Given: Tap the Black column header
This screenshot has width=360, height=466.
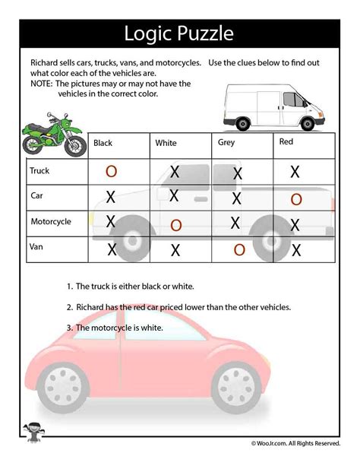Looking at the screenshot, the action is [x=103, y=142].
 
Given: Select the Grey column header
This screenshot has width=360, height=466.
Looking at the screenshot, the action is [x=226, y=141].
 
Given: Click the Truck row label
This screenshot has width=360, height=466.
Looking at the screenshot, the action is [x=39, y=171].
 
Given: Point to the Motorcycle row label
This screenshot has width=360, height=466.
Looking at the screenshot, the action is [x=51, y=222].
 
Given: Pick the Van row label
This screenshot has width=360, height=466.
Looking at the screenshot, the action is [x=36, y=247].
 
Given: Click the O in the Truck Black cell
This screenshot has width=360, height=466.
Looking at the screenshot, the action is [x=111, y=172].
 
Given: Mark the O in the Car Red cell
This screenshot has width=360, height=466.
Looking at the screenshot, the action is [x=296, y=198].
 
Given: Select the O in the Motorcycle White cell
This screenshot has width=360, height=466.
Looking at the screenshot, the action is [x=176, y=225].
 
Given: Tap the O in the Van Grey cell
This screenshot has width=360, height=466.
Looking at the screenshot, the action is [x=239, y=249].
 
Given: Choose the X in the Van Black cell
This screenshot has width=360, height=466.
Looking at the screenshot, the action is [x=112, y=249].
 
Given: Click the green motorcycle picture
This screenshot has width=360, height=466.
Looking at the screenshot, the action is [x=52, y=135].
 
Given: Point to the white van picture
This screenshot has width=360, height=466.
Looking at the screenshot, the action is [x=274, y=105].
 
